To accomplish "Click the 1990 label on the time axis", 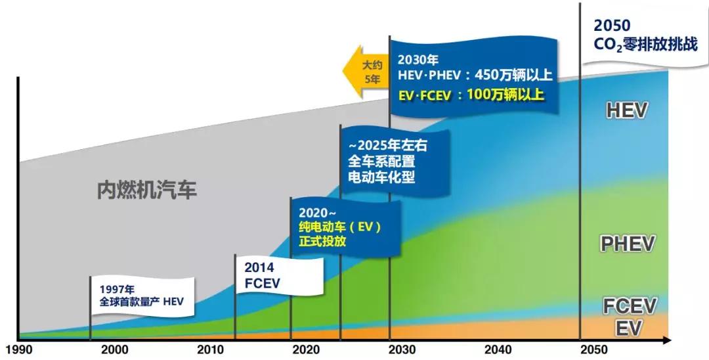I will [x=19, y=349].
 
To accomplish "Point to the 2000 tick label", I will [x=115, y=349].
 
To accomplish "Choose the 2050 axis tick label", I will [x=594, y=349].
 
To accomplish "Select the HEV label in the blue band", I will [x=626, y=110].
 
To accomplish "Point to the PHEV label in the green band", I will [x=628, y=244].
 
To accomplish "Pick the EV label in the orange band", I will [x=628, y=327].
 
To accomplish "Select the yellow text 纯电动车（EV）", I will [x=339, y=227].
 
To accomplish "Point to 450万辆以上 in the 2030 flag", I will [x=510, y=75].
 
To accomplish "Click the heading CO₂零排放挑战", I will [x=645, y=45].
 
